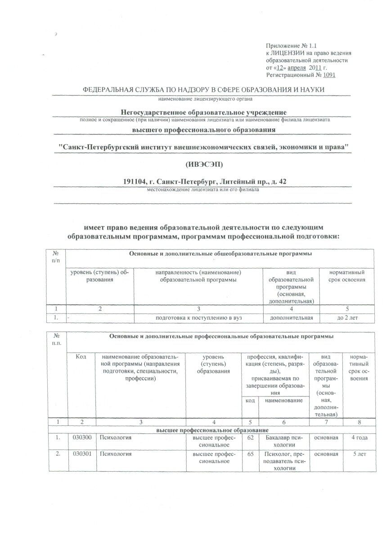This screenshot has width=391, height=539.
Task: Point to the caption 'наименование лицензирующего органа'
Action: [x=203, y=98]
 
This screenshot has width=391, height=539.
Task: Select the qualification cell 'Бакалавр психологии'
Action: [x=284, y=440]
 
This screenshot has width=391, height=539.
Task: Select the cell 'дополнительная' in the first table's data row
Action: [x=291, y=318]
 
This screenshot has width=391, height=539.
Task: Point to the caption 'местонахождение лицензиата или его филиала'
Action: [x=203, y=189]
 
